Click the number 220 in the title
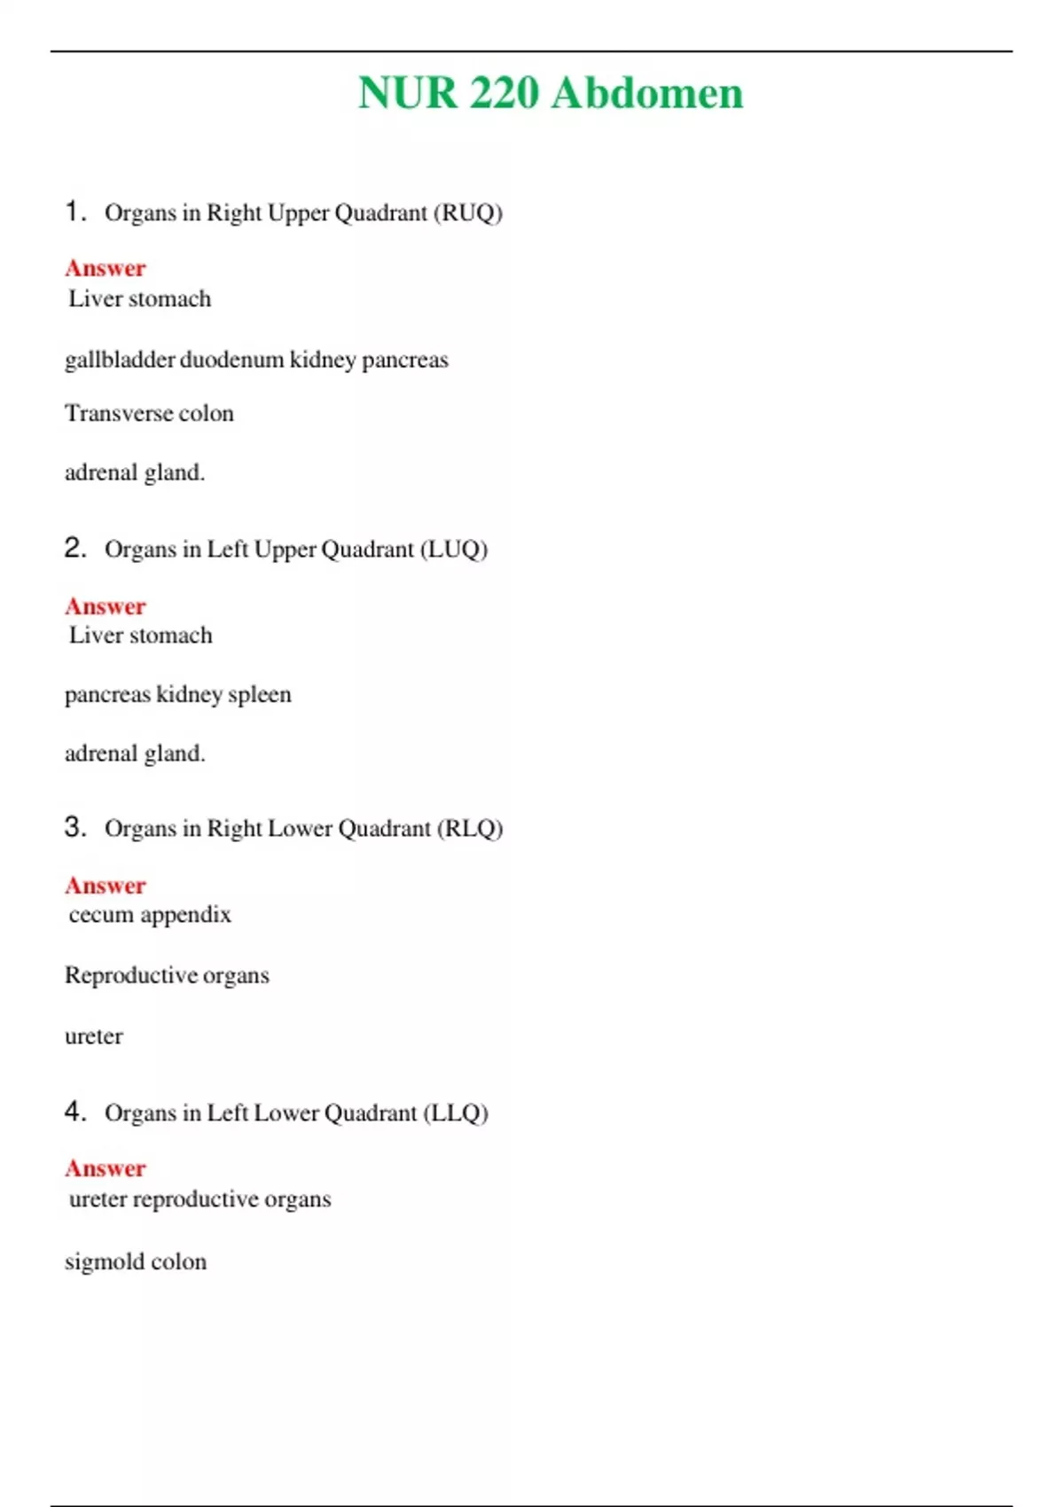pos(504,93)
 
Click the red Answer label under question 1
pos(105,269)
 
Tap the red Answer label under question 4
pos(105,1169)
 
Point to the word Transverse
pos(119,414)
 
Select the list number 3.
pos(74,827)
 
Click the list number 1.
pos(74,212)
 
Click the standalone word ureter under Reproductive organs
pos(94,1036)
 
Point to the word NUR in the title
pos(407,93)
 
